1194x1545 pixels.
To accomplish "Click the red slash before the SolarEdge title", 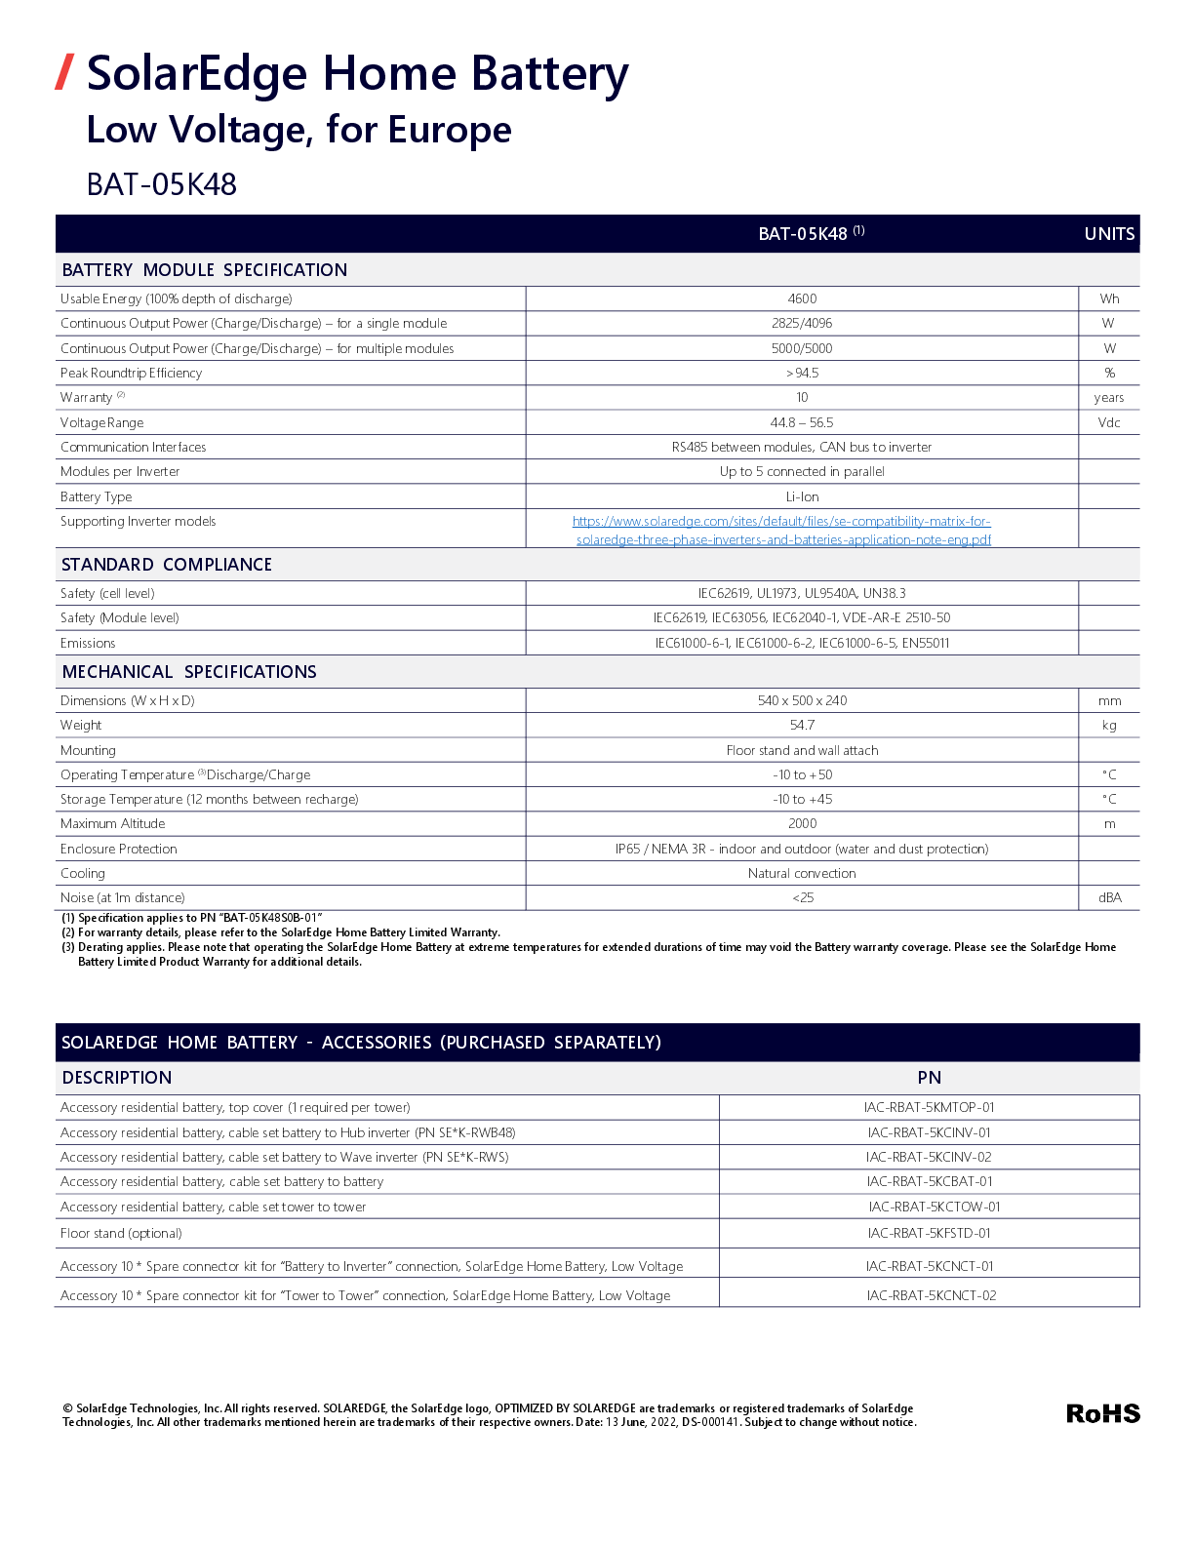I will [64, 72].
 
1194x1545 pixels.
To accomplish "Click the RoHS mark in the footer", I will [1102, 1413].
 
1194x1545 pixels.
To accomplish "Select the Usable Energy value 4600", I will [802, 298].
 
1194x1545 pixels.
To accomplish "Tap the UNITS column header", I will [1109, 234].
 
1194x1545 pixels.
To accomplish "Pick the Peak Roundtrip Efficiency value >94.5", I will [802, 373].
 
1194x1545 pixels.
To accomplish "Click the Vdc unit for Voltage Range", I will [1109, 422].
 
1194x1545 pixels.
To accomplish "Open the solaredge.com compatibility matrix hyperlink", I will [782, 531].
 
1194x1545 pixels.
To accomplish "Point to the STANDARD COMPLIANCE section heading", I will [167, 565].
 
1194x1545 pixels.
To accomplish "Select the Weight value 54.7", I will [802, 725].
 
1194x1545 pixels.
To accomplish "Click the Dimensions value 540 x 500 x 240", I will [802, 700].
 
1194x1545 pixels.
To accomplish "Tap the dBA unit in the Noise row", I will [1109, 897].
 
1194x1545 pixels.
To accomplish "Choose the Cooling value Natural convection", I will [802, 873].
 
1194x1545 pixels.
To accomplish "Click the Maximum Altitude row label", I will [113, 823].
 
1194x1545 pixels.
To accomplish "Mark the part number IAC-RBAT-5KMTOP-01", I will [929, 1107].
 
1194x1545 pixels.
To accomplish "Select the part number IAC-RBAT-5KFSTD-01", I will [929, 1233].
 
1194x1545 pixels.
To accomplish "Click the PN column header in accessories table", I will [929, 1078].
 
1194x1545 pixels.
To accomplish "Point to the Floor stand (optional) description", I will [121, 1233].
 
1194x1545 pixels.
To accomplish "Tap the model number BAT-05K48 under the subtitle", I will [162, 184].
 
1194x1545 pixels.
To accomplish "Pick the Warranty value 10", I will [802, 397].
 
